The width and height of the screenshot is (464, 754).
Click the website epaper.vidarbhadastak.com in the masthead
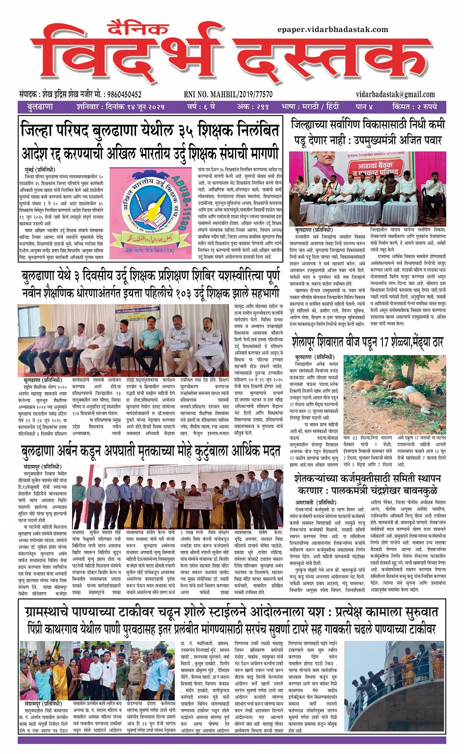tap(332, 29)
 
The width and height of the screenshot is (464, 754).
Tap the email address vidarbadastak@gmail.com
tap(395, 94)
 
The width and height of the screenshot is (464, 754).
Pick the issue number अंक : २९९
tap(252, 107)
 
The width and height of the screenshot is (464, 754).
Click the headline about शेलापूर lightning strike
tap(368, 341)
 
